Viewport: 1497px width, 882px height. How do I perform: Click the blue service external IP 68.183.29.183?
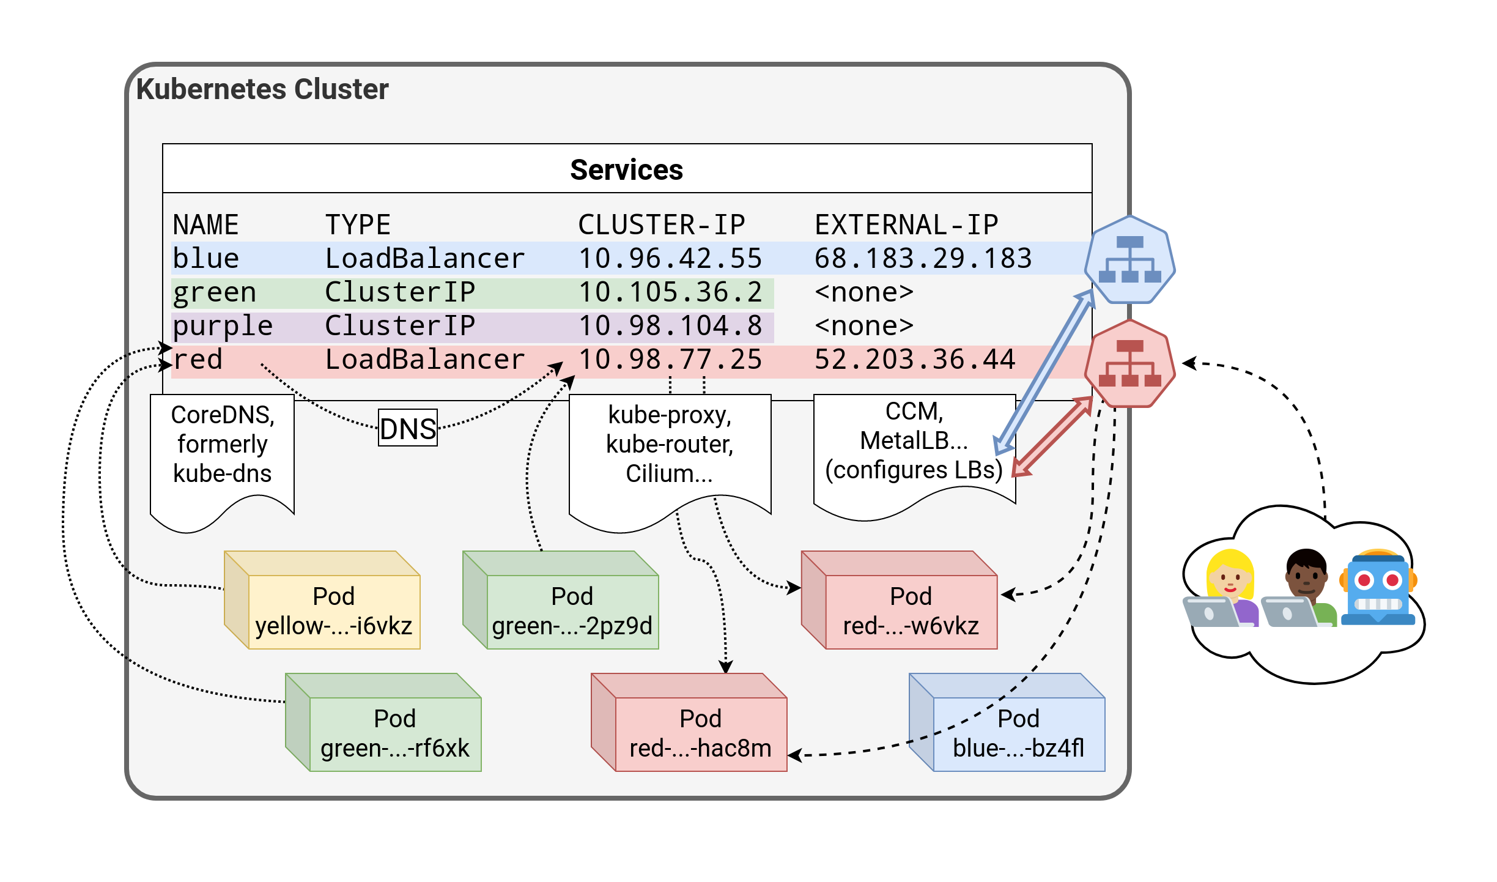pyautogui.click(x=923, y=258)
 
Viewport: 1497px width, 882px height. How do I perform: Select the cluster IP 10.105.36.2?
pyautogui.click(x=670, y=292)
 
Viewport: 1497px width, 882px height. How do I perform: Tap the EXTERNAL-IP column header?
pyautogui.click(x=906, y=224)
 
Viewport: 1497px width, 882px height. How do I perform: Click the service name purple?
pyautogui.click(x=223, y=326)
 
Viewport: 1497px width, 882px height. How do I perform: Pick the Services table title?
pyautogui.click(x=626, y=169)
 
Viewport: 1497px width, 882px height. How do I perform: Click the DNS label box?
pyautogui.click(x=408, y=428)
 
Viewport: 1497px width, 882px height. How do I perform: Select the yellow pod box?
pyautogui.click(x=333, y=611)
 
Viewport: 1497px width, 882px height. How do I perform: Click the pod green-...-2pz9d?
pyautogui.click(x=572, y=611)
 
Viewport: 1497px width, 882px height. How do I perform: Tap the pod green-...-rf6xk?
pyautogui.click(x=394, y=733)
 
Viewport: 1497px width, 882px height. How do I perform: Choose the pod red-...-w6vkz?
pyautogui.click(x=911, y=611)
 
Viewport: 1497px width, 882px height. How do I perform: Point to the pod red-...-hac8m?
pyautogui.click(x=700, y=733)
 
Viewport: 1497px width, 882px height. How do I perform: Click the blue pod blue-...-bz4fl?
pyautogui.click(x=1018, y=733)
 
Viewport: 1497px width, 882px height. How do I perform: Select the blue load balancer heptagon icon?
pyautogui.click(x=1129, y=260)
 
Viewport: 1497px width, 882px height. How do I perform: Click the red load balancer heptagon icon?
pyautogui.click(x=1129, y=364)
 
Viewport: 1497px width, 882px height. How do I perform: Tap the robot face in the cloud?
pyautogui.click(x=1378, y=587)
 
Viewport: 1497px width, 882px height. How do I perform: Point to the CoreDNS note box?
pyautogui.click(x=222, y=453)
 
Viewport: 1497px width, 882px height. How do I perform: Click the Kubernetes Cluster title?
pyautogui.click(x=262, y=89)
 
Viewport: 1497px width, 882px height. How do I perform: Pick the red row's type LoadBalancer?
pyautogui.click(x=424, y=360)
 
